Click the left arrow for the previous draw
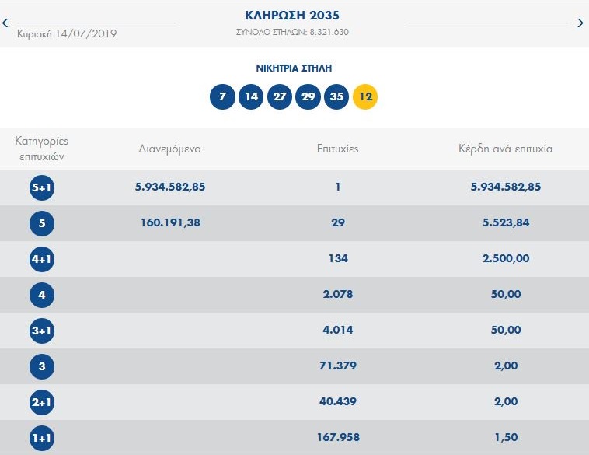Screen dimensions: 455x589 5,23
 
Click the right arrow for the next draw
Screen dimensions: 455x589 580,23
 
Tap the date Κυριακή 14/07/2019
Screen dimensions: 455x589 67,33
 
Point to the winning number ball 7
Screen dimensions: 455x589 222,97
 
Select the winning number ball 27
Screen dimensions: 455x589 279,97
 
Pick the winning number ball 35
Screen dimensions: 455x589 336,97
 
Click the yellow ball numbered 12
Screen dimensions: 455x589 364,97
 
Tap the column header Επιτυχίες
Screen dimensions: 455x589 338,149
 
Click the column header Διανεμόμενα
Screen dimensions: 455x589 169,149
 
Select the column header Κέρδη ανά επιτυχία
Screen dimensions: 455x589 505,149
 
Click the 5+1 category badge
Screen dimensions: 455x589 41,187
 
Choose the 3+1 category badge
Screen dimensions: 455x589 41,331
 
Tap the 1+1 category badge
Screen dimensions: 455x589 41,438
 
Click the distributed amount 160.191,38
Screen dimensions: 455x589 169,222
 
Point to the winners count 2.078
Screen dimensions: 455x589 338,294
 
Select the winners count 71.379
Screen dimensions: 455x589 338,366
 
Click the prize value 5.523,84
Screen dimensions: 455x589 505,222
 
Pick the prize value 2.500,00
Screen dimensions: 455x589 505,258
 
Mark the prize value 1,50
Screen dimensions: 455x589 505,437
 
